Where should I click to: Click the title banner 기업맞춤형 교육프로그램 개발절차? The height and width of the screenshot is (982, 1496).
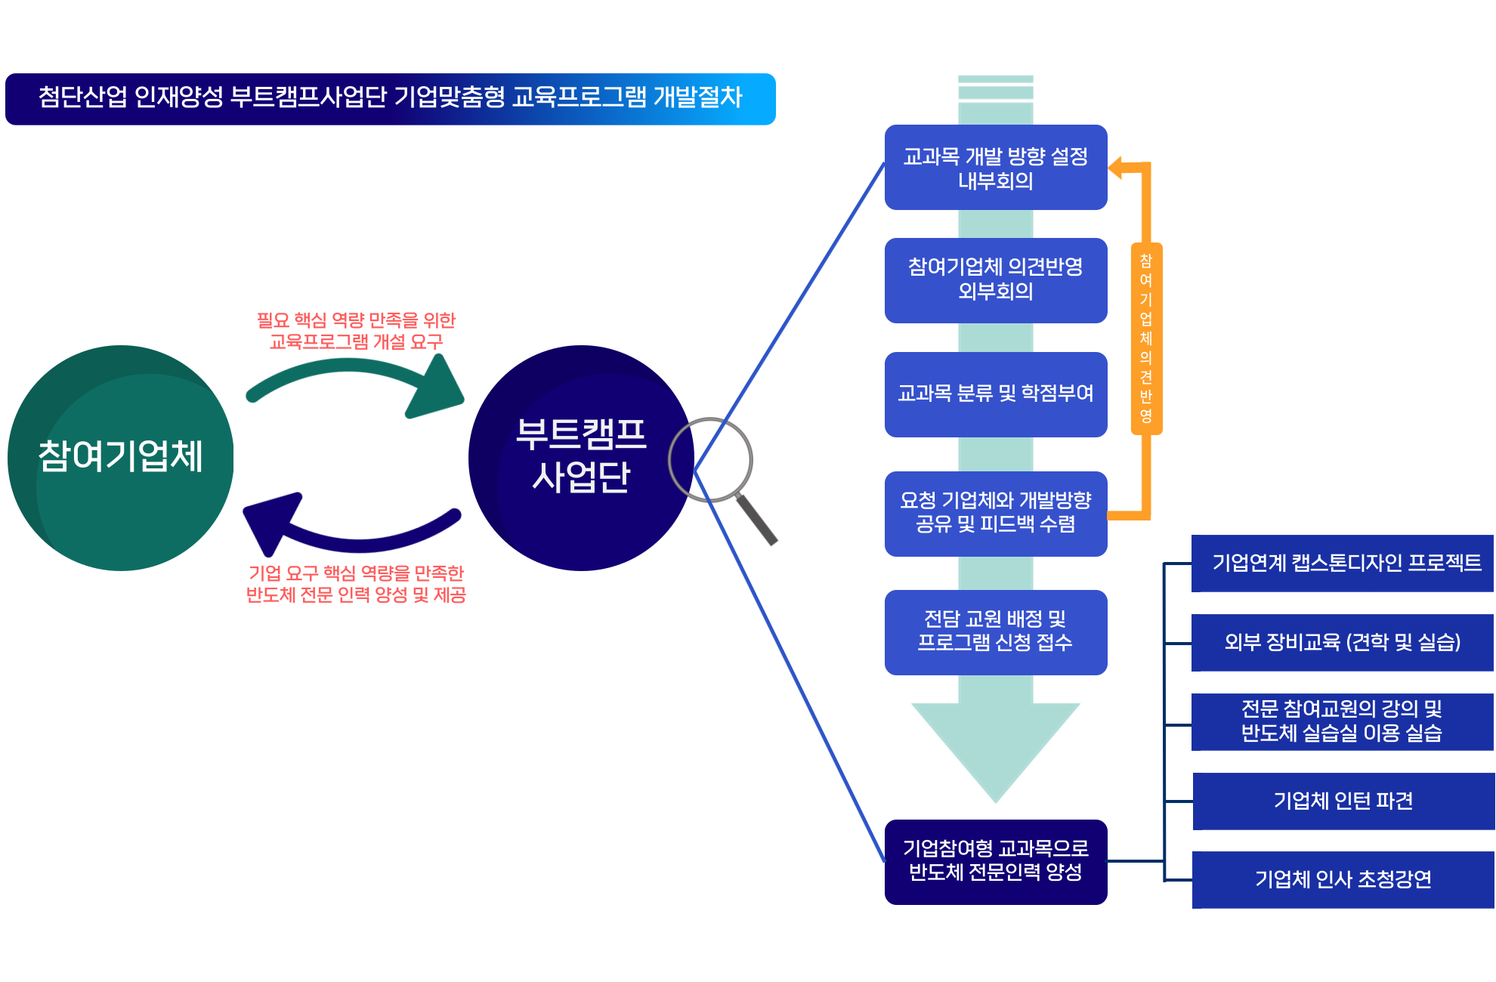click(x=390, y=98)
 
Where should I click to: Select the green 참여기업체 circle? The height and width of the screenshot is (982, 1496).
click(x=121, y=457)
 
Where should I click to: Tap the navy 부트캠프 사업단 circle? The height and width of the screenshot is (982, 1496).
click(x=580, y=457)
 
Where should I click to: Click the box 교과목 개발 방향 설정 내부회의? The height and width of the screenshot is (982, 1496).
click(x=995, y=168)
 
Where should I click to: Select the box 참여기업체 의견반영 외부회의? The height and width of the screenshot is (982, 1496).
click(x=995, y=280)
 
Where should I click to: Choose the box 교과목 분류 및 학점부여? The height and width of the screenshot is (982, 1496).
click(x=995, y=394)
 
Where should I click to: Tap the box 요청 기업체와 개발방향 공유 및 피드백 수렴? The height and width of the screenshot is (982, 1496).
click(x=995, y=513)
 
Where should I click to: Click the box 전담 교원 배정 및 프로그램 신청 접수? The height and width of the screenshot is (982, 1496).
click(x=995, y=632)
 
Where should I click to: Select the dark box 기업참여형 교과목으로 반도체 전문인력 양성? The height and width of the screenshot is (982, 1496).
click(x=995, y=861)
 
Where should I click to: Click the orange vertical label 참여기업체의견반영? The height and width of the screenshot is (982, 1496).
click(x=1145, y=338)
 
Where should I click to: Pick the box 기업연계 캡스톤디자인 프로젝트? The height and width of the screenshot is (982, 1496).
click(x=1343, y=563)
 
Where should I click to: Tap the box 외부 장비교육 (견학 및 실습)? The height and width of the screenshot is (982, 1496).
click(x=1343, y=642)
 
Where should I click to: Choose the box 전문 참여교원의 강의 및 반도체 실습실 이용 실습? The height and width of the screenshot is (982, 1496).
click(x=1343, y=721)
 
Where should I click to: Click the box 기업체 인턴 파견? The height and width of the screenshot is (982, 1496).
click(x=1343, y=801)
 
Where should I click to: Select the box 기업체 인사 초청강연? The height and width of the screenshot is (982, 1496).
click(x=1343, y=879)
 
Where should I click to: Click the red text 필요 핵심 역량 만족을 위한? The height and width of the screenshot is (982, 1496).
click(x=356, y=320)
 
